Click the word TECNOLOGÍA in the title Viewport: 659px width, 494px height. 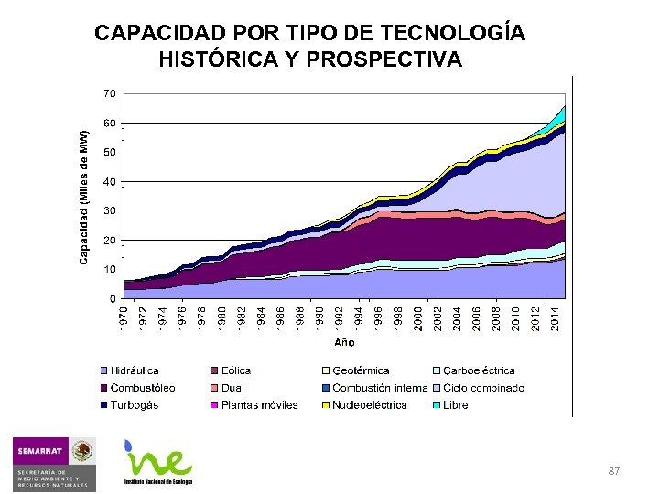(x=453, y=34)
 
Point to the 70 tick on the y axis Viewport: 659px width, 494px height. (x=109, y=93)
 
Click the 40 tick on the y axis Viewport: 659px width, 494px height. (x=109, y=181)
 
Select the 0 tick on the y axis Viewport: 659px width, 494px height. (x=112, y=298)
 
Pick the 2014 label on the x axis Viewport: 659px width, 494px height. (x=555, y=318)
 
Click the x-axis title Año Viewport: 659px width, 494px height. (x=344, y=342)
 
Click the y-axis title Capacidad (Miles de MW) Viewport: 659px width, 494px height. (x=83, y=198)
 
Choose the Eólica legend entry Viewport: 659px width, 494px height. (x=235, y=370)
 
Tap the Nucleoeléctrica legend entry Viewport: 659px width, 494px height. (x=369, y=405)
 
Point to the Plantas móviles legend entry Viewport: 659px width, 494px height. (x=259, y=405)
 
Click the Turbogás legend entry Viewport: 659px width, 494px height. (x=134, y=405)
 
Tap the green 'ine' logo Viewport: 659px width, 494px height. (x=159, y=461)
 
